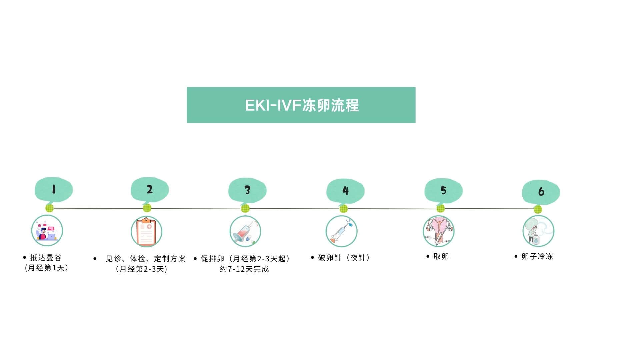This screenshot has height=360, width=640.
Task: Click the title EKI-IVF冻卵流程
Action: pos(301,105)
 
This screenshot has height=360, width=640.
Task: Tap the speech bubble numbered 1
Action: pos(54,189)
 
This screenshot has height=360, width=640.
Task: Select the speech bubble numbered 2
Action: pos(150,189)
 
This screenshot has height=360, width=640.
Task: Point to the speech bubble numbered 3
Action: pos(247,190)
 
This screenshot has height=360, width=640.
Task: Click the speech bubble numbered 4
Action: pos(345,190)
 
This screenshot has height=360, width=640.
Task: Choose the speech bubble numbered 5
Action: pos(443,190)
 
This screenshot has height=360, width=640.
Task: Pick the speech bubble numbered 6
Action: pos(541,191)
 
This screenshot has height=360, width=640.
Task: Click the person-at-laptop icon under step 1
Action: pos(47,231)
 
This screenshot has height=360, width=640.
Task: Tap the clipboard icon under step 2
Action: pos(146,232)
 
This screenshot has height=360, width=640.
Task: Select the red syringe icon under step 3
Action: pos(245,231)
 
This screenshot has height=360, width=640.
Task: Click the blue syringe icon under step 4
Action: pos(341,231)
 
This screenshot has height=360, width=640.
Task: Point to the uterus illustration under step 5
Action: pos(439,231)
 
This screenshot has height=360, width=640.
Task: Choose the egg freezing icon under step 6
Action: pos(538,231)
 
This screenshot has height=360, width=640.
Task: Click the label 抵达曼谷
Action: pos(46,258)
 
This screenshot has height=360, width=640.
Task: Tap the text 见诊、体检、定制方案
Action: pos(145,259)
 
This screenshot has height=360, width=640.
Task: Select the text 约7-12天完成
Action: pos(244,269)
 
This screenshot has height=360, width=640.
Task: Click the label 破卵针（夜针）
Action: pos(344,258)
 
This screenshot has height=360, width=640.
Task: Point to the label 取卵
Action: pos(441,256)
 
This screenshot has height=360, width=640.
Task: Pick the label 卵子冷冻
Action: pos(537,256)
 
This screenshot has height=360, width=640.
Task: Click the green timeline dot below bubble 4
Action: pos(343,209)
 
